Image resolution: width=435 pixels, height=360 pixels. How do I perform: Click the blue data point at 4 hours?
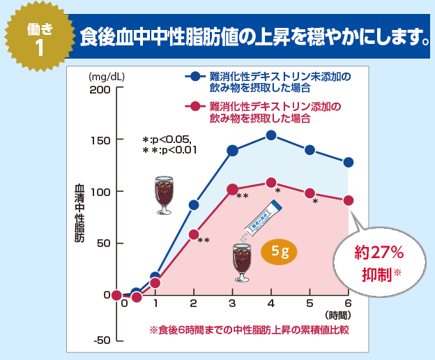[271, 135]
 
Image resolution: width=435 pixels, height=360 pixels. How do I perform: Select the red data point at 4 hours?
[271, 183]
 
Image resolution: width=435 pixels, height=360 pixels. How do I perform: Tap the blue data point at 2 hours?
[194, 205]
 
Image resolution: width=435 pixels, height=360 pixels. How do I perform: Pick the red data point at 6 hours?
[349, 200]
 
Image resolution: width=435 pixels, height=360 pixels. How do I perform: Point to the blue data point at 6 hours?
[349, 163]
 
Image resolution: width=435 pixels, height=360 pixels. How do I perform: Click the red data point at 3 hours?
[233, 189]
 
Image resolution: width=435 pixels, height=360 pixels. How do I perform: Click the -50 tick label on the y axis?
[102, 340]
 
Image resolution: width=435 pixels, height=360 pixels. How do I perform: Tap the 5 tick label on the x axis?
[310, 303]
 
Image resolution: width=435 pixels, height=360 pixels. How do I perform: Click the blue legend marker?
[195, 76]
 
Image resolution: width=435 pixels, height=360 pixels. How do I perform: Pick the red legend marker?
[195, 107]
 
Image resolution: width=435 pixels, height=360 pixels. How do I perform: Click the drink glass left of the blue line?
[164, 195]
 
